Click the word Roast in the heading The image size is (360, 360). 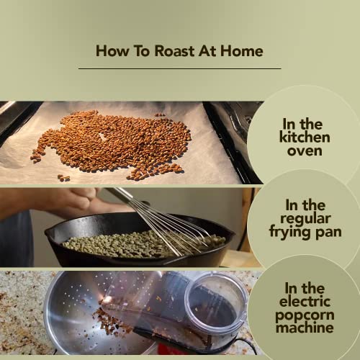pyautogui.click(x=167, y=50)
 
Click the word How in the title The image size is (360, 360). pyautogui.click(x=110, y=50)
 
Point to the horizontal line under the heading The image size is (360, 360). pyautogui.click(x=179, y=68)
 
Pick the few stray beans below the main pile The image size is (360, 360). pyautogui.click(x=63, y=177)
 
